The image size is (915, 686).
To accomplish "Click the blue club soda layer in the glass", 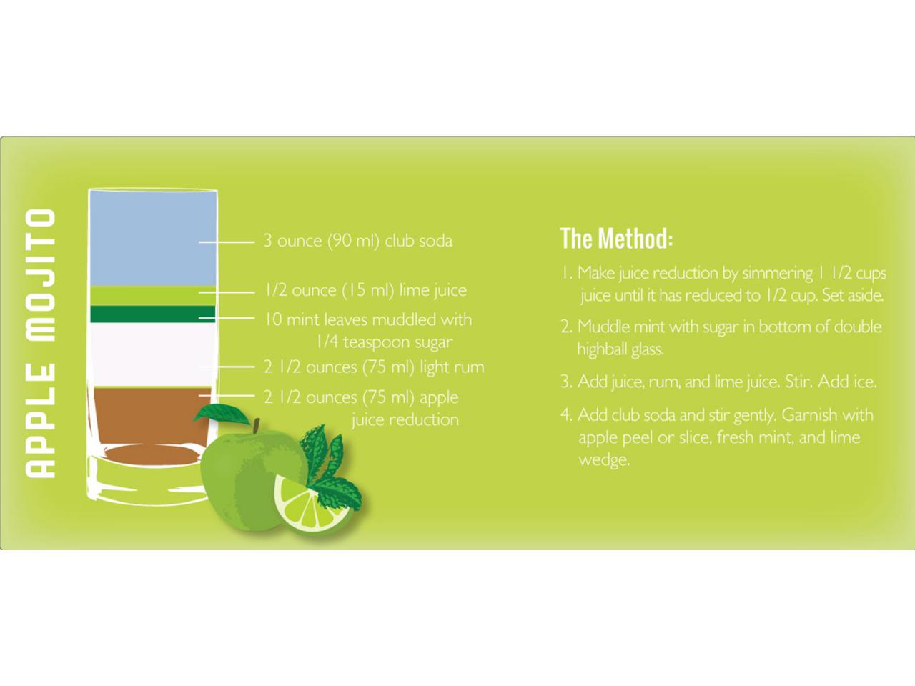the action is point(153,238).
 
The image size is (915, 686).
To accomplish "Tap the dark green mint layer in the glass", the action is point(153,314).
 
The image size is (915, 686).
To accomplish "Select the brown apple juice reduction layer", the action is point(150,421).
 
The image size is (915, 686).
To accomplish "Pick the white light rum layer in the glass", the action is point(153,354).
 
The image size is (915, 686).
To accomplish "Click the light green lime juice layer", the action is point(153,296).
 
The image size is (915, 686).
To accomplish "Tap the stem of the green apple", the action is point(257,427).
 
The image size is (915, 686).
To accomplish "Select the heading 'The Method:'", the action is point(616,238).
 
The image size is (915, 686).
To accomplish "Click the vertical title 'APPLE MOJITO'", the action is point(41,343).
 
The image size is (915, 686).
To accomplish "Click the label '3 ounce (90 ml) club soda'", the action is point(358,241).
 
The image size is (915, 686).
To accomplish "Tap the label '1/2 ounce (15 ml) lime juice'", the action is point(366,290).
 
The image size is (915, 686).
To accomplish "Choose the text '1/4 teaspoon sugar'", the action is point(384,342).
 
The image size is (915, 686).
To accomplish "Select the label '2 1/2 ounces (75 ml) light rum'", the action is point(375,367).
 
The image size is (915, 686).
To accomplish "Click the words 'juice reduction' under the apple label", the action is point(405,420).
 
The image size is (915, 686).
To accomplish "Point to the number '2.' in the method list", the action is point(566,327).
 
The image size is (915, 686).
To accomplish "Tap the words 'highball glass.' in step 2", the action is point(620,349).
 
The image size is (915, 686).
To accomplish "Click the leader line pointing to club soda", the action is point(227,242).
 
